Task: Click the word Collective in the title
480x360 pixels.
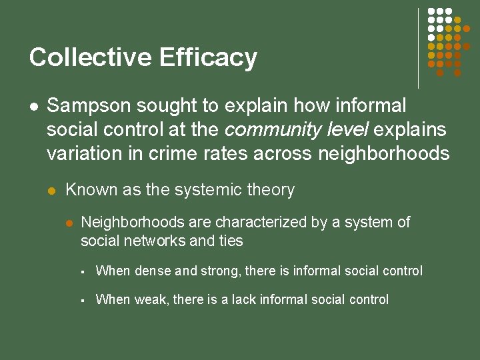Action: click(88, 57)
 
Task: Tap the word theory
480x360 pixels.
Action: click(272, 190)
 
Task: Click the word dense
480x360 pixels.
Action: click(153, 271)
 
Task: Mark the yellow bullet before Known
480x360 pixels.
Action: click(52, 191)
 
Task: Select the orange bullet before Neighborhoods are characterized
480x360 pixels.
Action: click(67, 223)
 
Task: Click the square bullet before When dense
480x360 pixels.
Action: click(81, 272)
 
